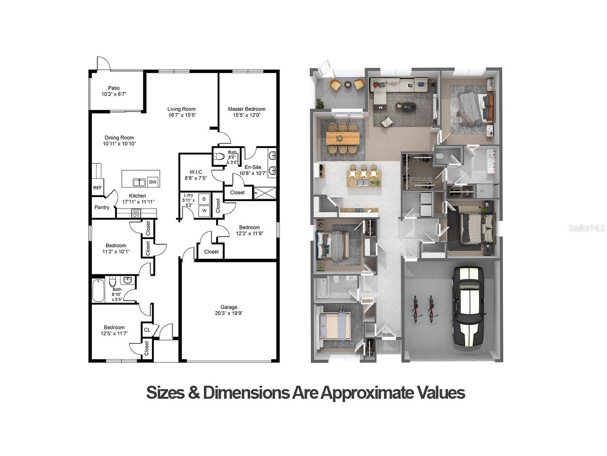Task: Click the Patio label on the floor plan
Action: tap(114, 88)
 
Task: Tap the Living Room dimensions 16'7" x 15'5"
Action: tap(182, 115)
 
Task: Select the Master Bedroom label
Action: tap(246, 109)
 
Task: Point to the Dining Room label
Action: tap(119, 137)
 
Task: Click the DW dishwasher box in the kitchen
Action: tap(153, 182)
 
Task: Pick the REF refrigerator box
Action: tap(97, 188)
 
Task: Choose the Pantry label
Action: tap(102, 208)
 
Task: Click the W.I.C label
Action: tap(195, 172)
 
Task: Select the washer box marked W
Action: tap(204, 211)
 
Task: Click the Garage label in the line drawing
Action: tap(229, 307)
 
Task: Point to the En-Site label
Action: tap(253, 167)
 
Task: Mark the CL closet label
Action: tap(147, 330)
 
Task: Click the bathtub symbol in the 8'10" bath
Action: tap(98, 290)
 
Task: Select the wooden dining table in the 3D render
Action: tap(343, 138)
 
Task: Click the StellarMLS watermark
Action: tap(586, 228)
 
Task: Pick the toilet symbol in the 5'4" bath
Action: tap(219, 157)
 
